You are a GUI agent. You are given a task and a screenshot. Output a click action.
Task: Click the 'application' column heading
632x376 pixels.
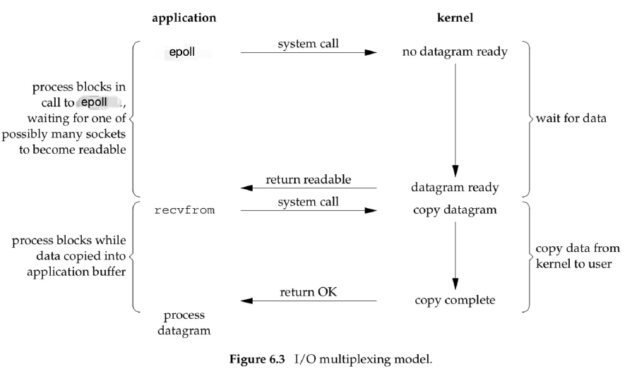click(x=184, y=18)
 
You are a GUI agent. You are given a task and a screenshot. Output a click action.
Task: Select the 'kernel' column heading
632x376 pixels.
click(x=455, y=18)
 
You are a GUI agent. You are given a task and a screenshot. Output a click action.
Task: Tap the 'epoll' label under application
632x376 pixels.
click(x=181, y=52)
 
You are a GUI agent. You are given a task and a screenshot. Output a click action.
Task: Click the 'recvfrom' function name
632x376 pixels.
click(x=184, y=210)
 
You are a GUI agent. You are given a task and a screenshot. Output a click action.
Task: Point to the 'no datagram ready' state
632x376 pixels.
click(x=455, y=52)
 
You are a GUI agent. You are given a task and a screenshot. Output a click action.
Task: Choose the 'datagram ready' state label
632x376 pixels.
click(x=455, y=188)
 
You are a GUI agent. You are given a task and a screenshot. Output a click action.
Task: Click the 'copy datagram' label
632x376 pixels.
click(x=455, y=210)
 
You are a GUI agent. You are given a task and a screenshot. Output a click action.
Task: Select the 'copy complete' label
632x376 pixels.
click(x=455, y=301)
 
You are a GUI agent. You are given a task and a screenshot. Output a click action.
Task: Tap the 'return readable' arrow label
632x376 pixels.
click(x=309, y=179)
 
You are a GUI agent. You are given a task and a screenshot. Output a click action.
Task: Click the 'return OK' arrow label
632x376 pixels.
click(x=309, y=292)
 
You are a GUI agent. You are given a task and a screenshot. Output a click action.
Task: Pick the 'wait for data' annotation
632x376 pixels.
click(x=571, y=119)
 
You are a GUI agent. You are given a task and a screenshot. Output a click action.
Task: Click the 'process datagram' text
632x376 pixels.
click(x=184, y=323)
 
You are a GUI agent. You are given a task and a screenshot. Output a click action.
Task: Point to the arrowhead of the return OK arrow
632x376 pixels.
click(x=242, y=301)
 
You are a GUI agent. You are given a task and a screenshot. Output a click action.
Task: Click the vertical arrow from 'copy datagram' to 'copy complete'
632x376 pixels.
click(x=455, y=255)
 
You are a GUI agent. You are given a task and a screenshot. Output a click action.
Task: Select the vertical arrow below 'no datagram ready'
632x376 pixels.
click(x=455, y=120)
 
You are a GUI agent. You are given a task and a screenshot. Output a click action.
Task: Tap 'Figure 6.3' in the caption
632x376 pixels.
click(x=257, y=359)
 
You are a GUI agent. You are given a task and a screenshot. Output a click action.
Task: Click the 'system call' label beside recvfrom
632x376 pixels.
click(x=309, y=202)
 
